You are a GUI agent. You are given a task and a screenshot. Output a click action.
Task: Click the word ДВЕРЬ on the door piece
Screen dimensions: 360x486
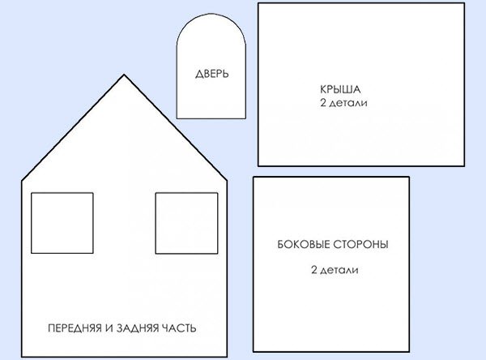pos(212,74)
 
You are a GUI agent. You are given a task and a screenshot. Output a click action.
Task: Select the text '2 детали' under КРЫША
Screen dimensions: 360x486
pos(339,104)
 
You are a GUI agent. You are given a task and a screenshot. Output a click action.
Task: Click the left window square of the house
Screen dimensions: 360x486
pos(62,223)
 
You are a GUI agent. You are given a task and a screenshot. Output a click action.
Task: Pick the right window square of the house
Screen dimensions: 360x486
pos(186,223)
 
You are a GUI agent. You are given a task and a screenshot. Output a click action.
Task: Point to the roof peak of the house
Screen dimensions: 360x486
pos(124,75)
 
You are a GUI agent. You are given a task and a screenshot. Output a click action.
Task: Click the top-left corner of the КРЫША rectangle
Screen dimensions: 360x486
pos(258,3)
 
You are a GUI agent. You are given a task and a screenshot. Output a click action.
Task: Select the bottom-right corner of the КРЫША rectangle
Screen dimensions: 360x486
pos(467,166)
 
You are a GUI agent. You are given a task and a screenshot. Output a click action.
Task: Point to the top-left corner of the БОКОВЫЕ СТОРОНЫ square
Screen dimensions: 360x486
pos(254,178)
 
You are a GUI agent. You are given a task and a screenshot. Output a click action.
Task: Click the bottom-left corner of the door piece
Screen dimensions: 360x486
pos(178,118)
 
